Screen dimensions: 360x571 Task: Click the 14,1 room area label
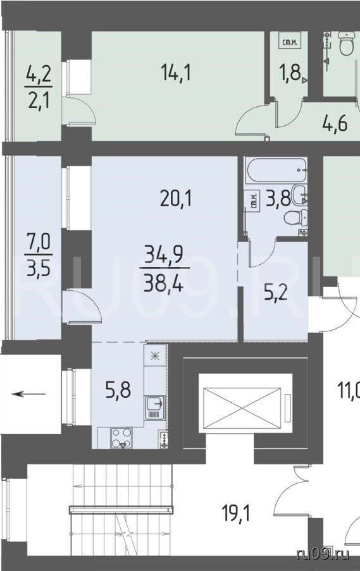coord(176,73)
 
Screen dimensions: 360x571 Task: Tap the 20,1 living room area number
coord(176,199)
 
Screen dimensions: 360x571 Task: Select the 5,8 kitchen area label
coord(118,391)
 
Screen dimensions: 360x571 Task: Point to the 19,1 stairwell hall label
coord(236,514)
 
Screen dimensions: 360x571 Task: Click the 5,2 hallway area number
coord(275,293)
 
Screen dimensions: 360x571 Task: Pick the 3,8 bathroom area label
coord(278,199)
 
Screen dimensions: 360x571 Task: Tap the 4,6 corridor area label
coord(335,123)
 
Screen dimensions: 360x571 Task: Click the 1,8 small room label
coord(290,72)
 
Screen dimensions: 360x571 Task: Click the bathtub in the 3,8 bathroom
coord(276,170)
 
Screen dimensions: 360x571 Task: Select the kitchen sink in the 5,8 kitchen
coord(155,408)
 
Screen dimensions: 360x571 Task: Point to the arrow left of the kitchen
coord(28,394)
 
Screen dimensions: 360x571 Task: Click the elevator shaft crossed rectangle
coord(242,403)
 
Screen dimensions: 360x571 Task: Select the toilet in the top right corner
coord(347,43)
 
